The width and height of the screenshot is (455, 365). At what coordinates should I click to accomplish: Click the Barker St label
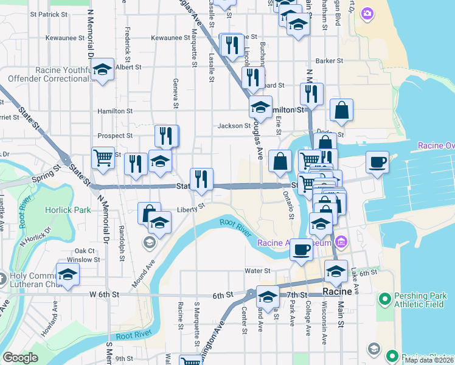pyautogui.click(x=330, y=61)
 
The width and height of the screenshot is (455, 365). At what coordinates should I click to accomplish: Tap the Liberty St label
pyautogui.click(x=191, y=208)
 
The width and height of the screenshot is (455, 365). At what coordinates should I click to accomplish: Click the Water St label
pyautogui.click(x=257, y=271)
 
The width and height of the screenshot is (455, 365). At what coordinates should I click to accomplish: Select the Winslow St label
pyautogui.click(x=84, y=260)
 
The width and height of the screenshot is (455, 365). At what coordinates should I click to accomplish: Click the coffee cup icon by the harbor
pyautogui.click(x=377, y=162)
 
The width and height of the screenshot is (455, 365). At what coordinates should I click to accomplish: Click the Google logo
pyautogui.click(x=20, y=358)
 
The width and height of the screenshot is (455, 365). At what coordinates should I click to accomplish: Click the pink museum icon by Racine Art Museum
pyautogui.click(x=341, y=243)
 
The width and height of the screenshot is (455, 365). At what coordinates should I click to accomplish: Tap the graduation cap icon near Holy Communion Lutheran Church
pyautogui.click(x=68, y=274)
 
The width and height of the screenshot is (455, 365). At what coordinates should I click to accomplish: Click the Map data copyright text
pyautogui.click(x=429, y=360)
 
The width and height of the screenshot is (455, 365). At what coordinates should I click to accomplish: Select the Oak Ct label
pyautogui.click(x=85, y=251)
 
